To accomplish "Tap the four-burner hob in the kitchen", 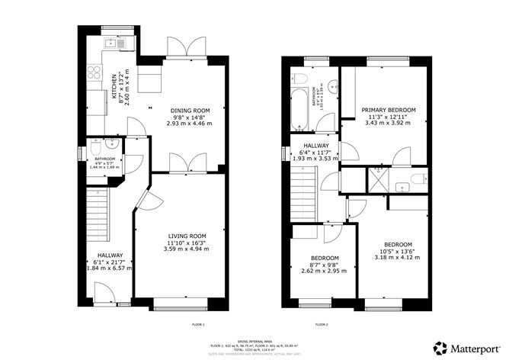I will (x=97, y=72).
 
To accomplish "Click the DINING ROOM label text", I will (x=188, y=110).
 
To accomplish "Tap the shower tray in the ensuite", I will (x=378, y=179).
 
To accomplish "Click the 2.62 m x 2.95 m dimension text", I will (x=319, y=269).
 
